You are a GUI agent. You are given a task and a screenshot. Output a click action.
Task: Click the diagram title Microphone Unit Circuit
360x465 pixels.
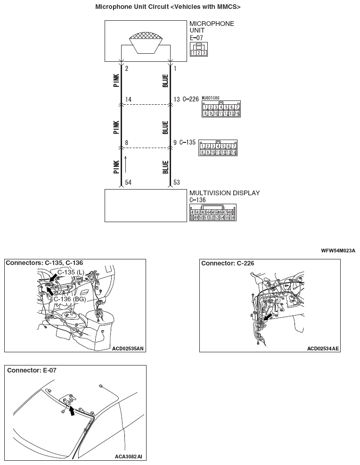(168, 7)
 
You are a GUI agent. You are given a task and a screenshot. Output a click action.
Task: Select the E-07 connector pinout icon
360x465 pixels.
(198, 50)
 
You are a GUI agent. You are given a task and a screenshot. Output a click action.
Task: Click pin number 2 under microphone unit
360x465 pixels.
(127, 69)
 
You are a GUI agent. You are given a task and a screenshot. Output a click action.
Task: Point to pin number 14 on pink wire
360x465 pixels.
(128, 99)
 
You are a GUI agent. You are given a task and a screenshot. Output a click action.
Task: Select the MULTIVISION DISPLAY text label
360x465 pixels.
(224, 193)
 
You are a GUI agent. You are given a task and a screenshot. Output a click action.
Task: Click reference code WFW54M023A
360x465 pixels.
(338, 250)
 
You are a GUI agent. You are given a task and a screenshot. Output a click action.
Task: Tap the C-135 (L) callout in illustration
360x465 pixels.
(71, 273)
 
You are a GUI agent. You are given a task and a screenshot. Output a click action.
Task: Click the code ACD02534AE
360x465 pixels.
(323, 349)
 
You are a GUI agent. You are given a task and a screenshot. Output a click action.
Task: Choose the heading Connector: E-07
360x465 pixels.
(32, 371)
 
